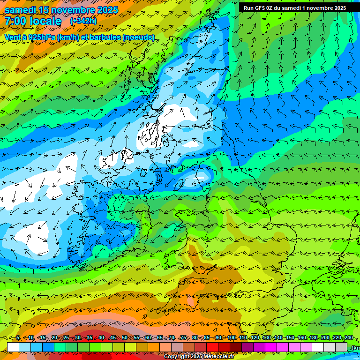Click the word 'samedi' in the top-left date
22,10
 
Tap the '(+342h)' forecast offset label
83,21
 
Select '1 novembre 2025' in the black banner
322,8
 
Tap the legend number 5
18,338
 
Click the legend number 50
125,338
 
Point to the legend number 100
231,338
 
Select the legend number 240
348,338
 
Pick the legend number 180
313,338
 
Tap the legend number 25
66,338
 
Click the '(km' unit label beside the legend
356,347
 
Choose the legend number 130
266,338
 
